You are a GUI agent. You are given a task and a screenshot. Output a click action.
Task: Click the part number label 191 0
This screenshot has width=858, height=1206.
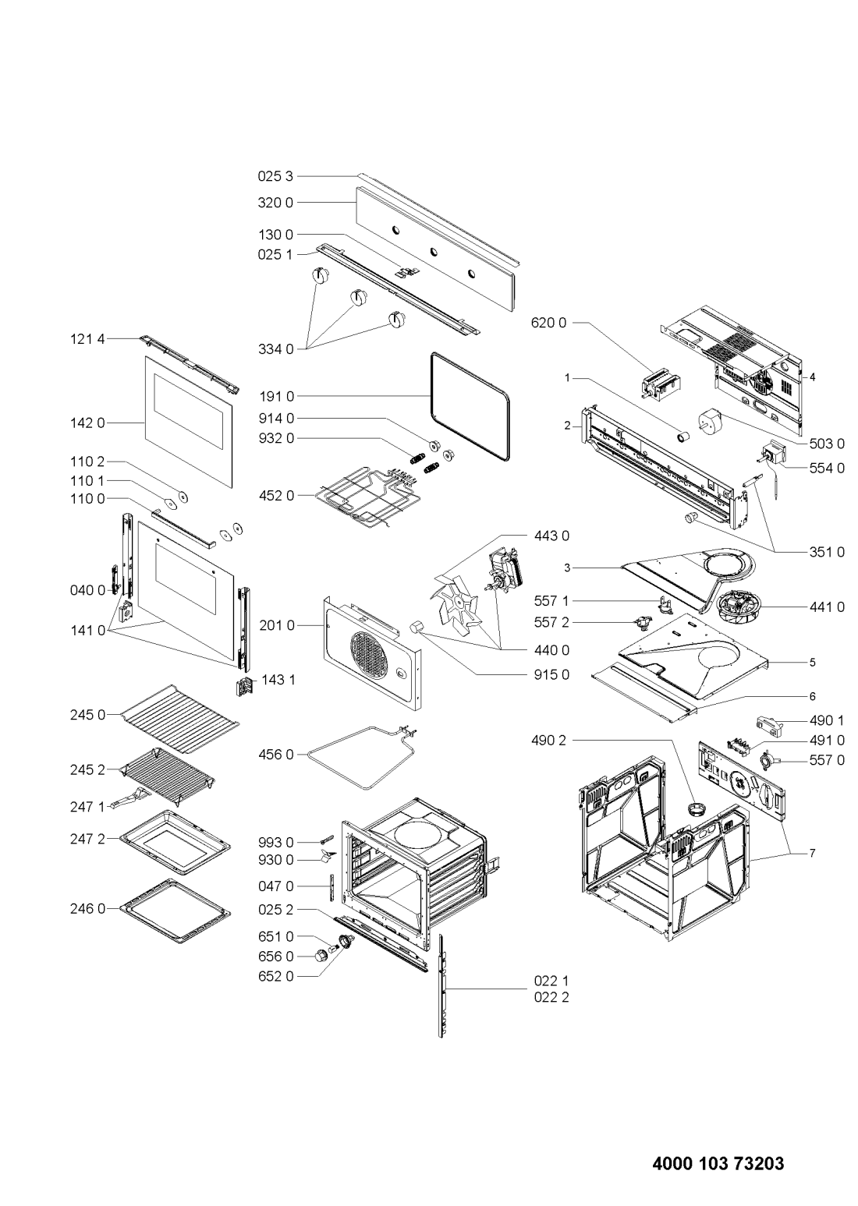coord(276,397)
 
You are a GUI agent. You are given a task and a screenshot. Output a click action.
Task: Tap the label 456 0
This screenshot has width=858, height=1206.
coord(276,755)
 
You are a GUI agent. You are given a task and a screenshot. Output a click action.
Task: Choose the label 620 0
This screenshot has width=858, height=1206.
coord(549,323)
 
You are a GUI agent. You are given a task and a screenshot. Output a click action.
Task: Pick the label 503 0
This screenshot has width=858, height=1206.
coord(827,444)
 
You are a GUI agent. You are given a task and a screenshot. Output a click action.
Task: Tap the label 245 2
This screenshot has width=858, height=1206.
coord(88,770)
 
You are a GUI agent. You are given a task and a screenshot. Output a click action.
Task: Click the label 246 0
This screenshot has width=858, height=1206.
coord(88,909)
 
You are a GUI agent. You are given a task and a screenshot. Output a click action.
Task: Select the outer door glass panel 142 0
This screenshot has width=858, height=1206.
coord(189,422)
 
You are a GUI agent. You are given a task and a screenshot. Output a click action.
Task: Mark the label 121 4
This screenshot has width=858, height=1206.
coord(88,338)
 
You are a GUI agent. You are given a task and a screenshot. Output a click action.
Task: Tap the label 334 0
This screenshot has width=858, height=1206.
coord(276,349)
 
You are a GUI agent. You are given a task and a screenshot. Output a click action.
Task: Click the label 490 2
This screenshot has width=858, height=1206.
coord(549,741)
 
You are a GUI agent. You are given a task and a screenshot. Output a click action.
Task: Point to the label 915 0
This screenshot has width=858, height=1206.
coord(551,674)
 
